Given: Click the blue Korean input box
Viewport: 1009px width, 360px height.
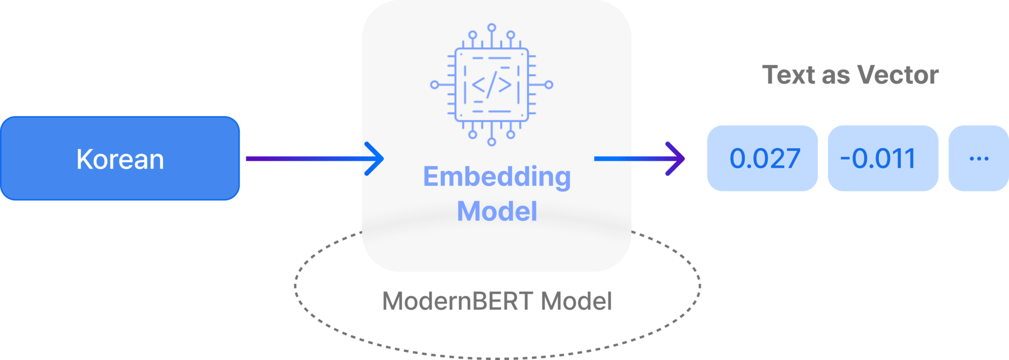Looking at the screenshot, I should (120, 158).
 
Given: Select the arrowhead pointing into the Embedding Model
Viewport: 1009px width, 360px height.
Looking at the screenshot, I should (375, 158).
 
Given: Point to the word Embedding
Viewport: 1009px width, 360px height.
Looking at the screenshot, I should (497, 177).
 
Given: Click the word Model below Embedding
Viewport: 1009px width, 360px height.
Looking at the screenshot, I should (497, 211).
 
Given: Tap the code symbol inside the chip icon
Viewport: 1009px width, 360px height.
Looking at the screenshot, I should (491, 85).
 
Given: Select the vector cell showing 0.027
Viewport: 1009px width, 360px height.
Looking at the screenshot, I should (762, 158).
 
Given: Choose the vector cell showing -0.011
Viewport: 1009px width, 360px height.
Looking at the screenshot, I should (883, 158).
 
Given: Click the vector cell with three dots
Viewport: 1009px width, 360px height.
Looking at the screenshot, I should (979, 158).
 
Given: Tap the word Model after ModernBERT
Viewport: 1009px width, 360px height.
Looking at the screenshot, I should (576, 301).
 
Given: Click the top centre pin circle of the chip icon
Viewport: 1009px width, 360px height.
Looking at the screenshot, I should (491, 27).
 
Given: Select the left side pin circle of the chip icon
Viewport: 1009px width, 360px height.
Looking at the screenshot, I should (435, 85).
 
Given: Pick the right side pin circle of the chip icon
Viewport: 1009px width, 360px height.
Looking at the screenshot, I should (549, 85).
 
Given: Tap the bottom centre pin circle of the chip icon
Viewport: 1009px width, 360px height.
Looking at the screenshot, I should (491, 141).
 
